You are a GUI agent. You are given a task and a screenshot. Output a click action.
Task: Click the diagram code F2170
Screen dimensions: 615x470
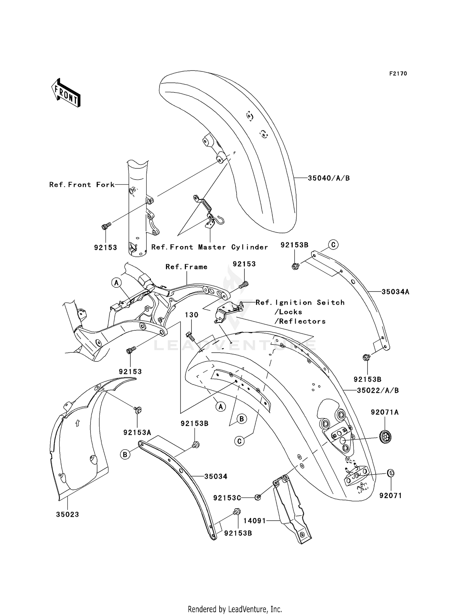[x=398, y=74]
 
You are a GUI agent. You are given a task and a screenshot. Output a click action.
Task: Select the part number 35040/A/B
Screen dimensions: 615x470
[x=329, y=178]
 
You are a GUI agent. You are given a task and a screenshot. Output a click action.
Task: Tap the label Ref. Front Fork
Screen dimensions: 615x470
[x=82, y=185]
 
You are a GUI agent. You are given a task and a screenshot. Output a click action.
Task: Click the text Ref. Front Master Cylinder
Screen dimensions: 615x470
[x=210, y=247]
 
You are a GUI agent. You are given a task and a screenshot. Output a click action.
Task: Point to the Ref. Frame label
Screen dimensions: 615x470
[x=186, y=267]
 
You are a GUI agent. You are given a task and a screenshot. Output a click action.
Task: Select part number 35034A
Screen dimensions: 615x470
[x=395, y=292]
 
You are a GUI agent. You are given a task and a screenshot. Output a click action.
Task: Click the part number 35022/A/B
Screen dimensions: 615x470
[x=378, y=391]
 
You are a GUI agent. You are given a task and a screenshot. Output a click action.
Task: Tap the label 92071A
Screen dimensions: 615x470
[x=385, y=413]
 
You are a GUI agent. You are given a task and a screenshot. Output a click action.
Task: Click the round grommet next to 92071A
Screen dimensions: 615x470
[x=385, y=437]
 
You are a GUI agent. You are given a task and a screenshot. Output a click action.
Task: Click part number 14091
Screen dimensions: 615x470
[x=254, y=521]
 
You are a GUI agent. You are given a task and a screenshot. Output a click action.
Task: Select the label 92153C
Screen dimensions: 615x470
[x=227, y=498]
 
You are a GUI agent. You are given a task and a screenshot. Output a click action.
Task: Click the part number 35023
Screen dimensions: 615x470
[x=67, y=514]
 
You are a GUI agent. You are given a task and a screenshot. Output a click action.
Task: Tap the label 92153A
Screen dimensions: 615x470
[x=137, y=433]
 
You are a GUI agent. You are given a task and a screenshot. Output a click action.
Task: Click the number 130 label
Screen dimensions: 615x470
[x=191, y=315]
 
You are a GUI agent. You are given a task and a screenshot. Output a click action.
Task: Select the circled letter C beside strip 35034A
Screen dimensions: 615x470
[x=333, y=244]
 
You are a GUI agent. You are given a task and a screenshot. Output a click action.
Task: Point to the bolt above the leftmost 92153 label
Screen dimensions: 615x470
[x=106, y=226]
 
